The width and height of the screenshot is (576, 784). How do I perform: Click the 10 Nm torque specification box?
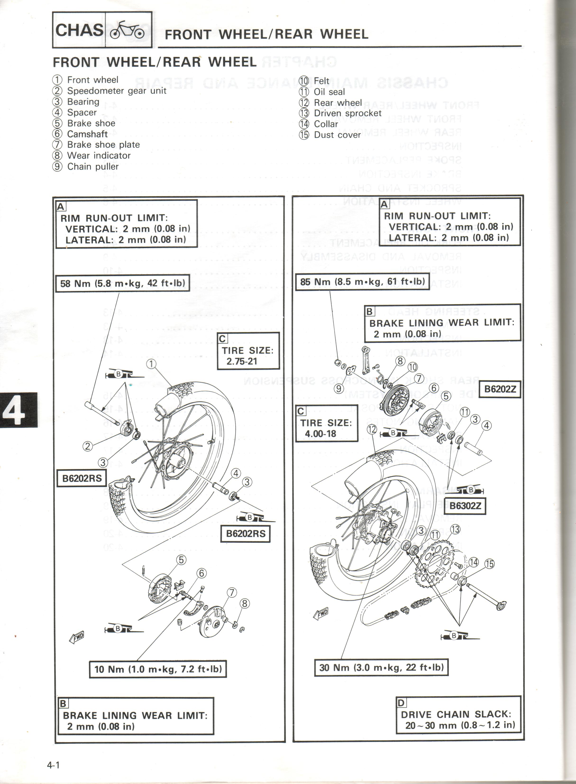158,669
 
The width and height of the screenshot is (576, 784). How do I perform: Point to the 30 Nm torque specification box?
381,667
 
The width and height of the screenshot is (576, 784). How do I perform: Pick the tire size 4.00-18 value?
320,434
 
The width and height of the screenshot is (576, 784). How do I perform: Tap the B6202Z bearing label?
500,389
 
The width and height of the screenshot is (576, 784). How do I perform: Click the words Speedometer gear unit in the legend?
116,91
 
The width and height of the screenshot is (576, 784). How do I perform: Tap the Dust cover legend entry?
337,135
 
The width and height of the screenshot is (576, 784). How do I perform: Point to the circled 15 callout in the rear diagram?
489,564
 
